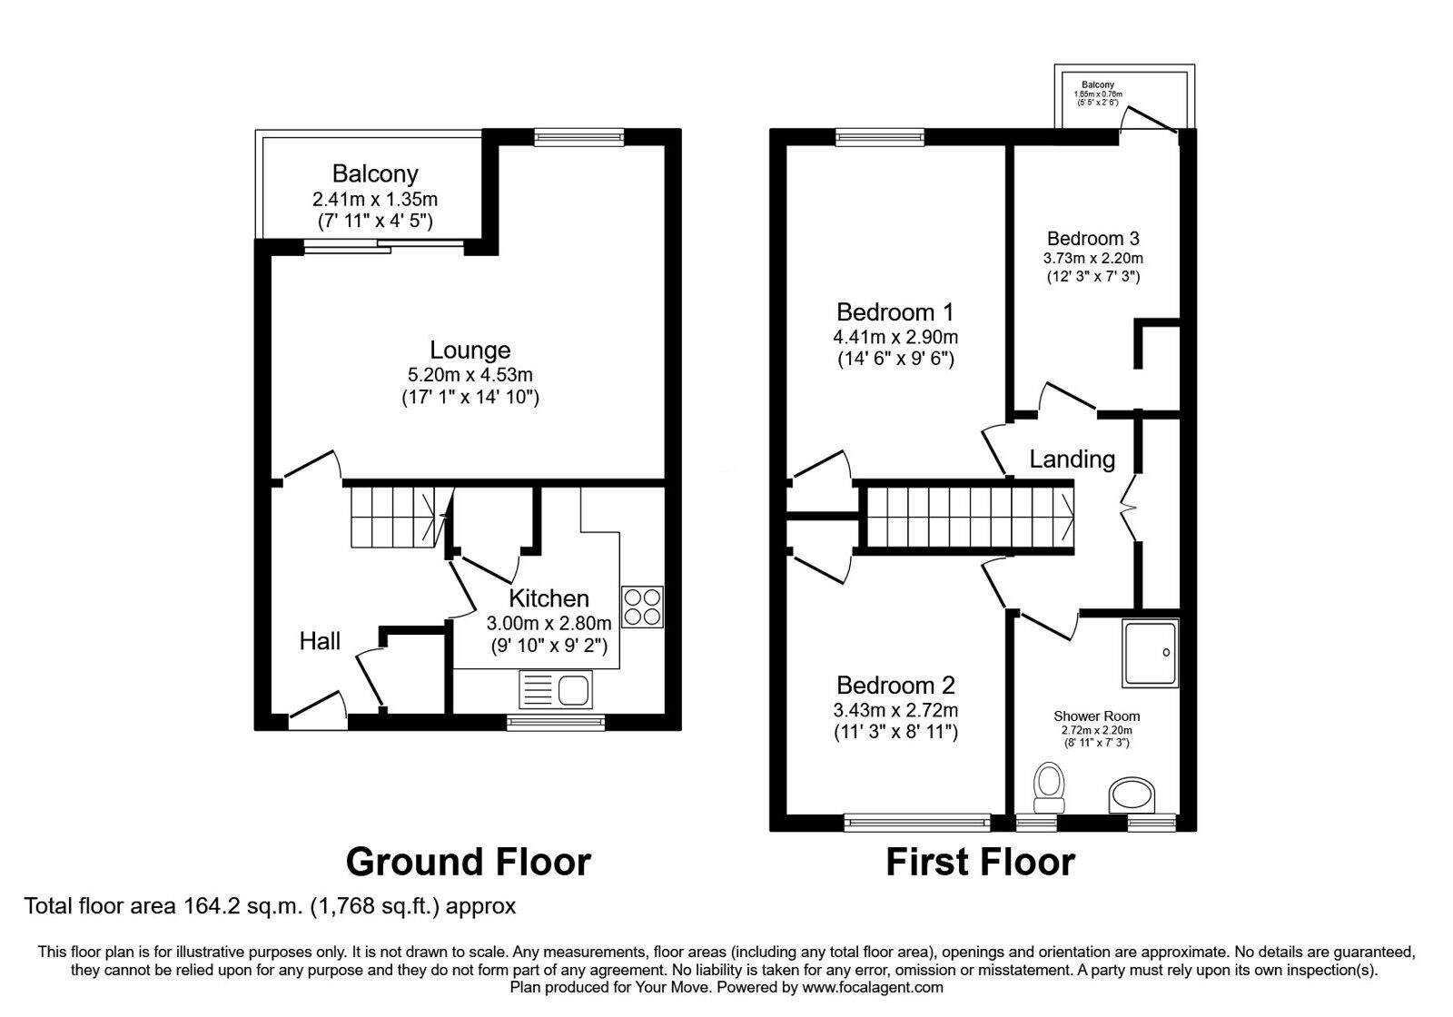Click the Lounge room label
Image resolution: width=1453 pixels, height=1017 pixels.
click(x=470, y=350)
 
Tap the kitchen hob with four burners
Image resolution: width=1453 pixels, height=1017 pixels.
click(x=642, y=607)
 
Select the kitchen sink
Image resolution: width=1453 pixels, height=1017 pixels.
click(x=556, y=690)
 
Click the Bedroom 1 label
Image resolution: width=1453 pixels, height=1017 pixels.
click(x=895, y=312)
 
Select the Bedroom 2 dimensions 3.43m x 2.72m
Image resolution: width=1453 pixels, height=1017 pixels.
click(x=895, y=710)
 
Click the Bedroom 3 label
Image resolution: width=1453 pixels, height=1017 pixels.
click(x=1092, y=239)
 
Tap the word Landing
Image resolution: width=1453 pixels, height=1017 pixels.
click(x=1072, y=459)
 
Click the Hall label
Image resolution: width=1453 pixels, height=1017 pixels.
click(x=320, y=641)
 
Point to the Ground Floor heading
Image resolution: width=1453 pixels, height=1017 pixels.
click(x=468, y=861)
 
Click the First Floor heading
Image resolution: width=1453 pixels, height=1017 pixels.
click(x=980, y=861)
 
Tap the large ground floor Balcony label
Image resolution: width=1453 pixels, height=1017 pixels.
click(x=375, y=173)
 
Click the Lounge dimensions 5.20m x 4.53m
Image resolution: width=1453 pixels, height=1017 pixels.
click(x=470, y=374)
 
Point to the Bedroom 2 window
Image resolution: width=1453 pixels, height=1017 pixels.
click(x=917, y=822)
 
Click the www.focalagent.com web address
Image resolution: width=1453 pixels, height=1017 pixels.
click(x=873, y=987)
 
